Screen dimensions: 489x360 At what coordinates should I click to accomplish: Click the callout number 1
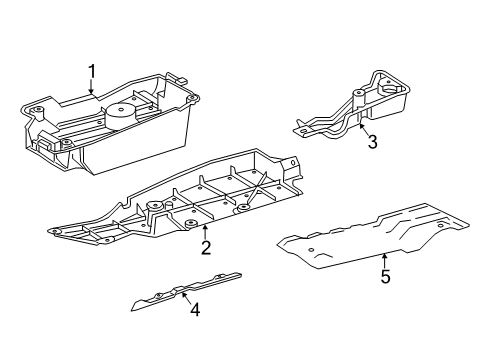[x=91, y=72]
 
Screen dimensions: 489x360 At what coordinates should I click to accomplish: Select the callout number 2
[x=206, y=248]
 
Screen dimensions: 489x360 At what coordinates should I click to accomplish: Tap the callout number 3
[x=372, y=142]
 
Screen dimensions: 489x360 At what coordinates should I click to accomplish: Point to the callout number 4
[x=195, y=310]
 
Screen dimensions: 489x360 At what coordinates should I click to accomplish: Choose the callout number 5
[x=386, y=277]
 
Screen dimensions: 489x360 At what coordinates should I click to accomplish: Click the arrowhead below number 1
[x=91, y=91]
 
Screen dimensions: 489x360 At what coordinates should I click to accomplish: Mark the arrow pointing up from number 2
[x=205, y=232]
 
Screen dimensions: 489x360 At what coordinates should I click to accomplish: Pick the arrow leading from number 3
[x=364, y=129]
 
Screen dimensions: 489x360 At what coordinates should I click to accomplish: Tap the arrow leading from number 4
[x=187, y=298]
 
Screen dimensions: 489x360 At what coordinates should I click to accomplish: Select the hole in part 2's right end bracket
[x=293, y=162]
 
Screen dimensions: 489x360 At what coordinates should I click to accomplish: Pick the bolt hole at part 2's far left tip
[x=55, y=231]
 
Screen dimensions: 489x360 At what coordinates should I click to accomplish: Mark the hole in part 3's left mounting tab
[x=303, y=131]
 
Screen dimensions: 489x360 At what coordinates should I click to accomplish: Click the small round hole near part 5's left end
[x=311, y=250]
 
